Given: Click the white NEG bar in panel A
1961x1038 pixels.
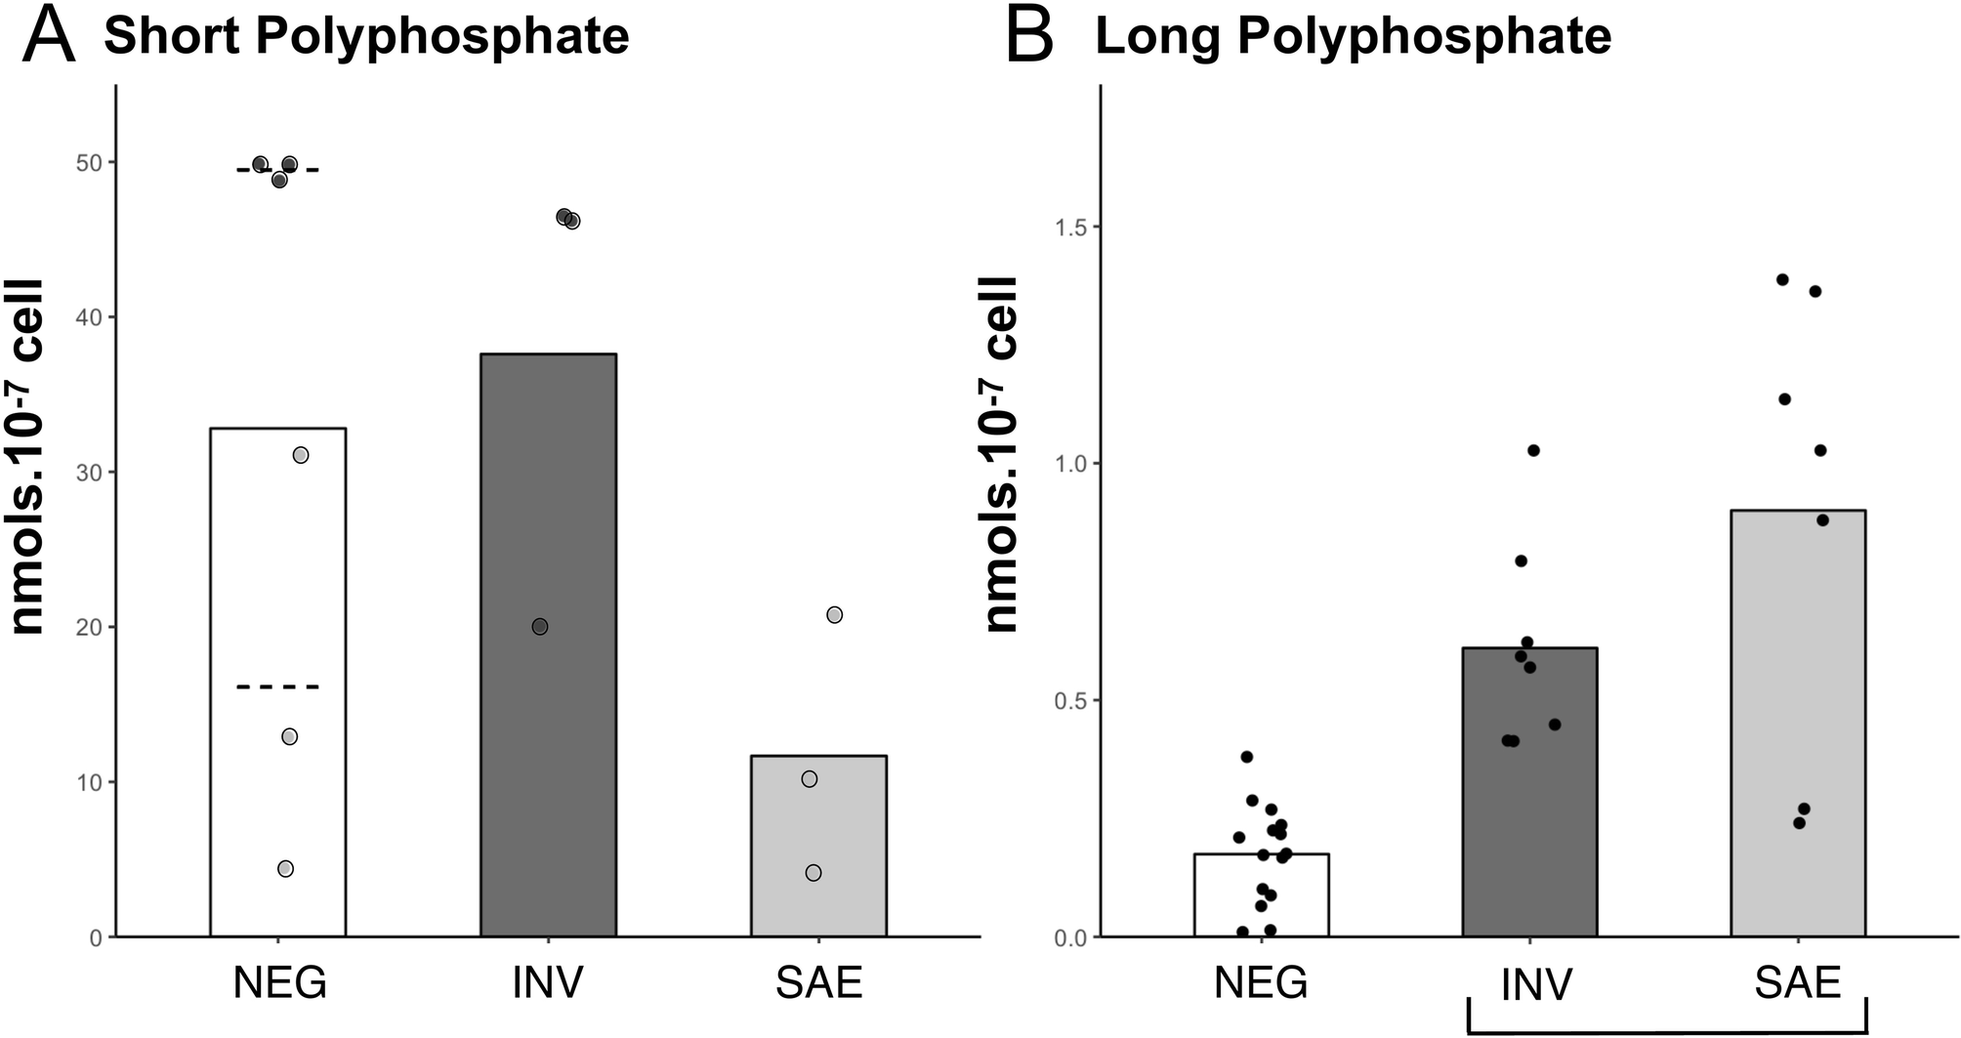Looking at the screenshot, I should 278,586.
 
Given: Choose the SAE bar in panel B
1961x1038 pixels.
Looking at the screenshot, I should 1798,723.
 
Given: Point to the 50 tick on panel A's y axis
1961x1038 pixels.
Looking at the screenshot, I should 89,163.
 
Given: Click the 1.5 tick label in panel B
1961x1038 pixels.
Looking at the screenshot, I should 1069,227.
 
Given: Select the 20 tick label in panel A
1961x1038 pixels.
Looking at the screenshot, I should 89,628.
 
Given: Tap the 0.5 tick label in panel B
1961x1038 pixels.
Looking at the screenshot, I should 1069,701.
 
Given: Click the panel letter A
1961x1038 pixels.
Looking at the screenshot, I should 49,37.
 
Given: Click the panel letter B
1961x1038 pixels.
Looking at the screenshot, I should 1030,37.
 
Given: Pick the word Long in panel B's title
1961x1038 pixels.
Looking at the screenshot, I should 1158,37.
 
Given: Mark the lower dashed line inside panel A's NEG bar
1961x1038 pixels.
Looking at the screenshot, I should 278,687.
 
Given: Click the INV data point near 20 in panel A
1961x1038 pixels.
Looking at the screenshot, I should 540,626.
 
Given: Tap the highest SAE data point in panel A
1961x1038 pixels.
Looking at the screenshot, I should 834,615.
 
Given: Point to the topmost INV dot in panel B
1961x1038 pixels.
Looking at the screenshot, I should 1533,450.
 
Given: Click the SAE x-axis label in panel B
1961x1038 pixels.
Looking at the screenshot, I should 1797,982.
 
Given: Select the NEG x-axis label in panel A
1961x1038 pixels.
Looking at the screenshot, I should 279,982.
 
